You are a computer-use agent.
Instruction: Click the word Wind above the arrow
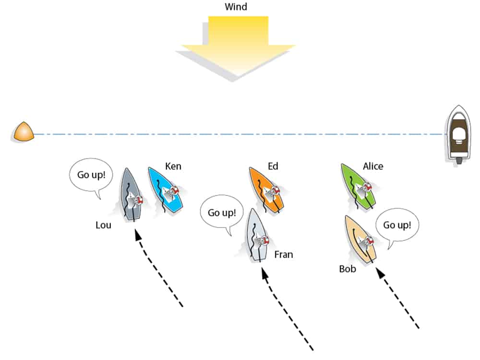click(x=236, y=7)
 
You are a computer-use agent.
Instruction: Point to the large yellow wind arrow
click(x=238, y=46)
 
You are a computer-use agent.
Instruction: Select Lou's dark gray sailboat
click(x=131, y=194)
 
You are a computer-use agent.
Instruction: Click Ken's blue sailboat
click(x=167, y=190)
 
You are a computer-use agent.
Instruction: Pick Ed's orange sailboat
click(x=266, y=189)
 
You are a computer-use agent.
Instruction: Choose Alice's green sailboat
click(x=359, y=187)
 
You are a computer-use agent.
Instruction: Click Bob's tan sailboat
click(x=360, y=239)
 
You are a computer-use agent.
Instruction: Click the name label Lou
click(x=103, y=224)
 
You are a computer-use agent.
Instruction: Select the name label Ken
click(x=173, y=167)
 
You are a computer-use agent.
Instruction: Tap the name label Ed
click(x=273, y=167)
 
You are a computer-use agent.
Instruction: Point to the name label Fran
click(x=283, y=254)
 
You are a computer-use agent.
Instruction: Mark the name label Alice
click(x=373, y=167)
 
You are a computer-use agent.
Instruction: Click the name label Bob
click(x=348, y=269)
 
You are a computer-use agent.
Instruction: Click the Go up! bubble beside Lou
click(x=91, y=175)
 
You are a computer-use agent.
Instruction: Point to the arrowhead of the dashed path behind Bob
click(x=380, y=273)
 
